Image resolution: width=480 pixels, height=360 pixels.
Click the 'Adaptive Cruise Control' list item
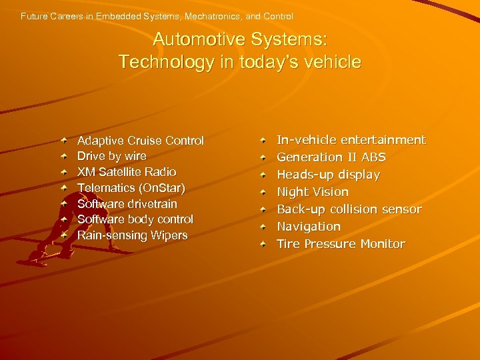(x=140, y=141)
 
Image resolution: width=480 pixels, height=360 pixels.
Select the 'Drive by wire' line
(x=111, y=156)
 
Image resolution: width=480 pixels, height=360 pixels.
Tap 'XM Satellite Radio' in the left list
(x=127, y=172)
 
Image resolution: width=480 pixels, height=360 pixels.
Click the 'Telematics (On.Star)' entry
(x=131, y=188)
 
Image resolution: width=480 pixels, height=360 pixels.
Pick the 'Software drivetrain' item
(x=127, y=203)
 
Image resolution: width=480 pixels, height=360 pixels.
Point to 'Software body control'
(x=135, y=219)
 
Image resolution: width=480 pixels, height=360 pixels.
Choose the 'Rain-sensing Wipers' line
(x=132, y=235)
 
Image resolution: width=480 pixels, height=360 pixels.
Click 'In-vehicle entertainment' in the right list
(x=351, y=140)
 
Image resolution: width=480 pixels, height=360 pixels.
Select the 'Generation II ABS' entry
(x=331, y=157)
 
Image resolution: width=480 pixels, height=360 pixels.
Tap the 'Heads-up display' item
(x=328, y=175)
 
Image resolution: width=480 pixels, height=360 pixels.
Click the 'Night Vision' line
(x=312, y=192)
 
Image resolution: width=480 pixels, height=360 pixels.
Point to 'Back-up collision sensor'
(x=349, y=209)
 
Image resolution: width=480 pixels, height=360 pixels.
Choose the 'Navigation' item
(x=308, y=227)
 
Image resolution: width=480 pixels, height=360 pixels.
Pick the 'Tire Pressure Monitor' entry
(x=340, y=244)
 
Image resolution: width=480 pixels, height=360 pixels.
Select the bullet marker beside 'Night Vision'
(x=263, y=192)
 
